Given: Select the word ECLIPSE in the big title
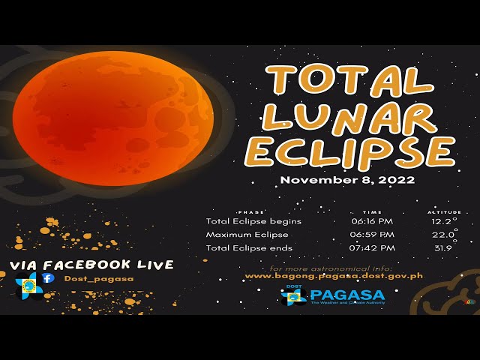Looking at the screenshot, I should [x=349, y=151].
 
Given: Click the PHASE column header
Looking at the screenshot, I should [x=250, y=212].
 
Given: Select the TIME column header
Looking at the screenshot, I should [x=372, y=212].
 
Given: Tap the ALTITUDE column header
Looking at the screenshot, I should [x=444, y=212].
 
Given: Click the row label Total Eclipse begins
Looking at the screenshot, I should [x=253, y=222].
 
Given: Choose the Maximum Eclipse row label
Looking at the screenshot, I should [x=247, y=235].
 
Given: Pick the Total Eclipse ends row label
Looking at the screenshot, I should [x=249, y=248].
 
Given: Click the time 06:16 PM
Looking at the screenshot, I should [x=372, y=222].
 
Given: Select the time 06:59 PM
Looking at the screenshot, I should [x=372, y=235].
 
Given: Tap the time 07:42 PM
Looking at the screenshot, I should [x=372, y=248].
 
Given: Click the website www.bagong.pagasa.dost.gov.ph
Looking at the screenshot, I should [x=334, y=276].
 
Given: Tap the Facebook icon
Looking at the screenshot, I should [x=48, y=277].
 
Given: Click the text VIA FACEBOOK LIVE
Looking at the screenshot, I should [x=91, y=265].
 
